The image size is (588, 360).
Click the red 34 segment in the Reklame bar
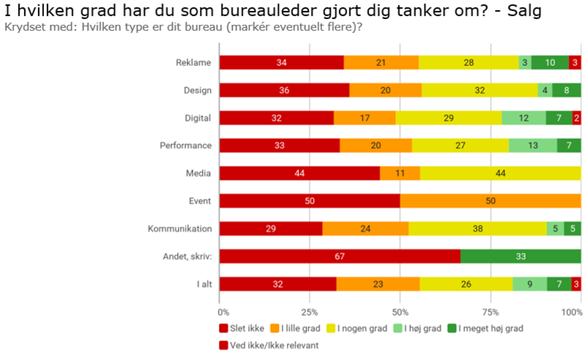coord(282,62)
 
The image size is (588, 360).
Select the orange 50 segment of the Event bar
coord(491,200)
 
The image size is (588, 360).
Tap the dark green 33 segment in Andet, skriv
coord(521,256)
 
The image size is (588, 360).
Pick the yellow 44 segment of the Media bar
coord(501,173)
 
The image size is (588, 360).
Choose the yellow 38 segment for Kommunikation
coord(477,228)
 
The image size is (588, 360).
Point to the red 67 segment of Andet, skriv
coord(340,256)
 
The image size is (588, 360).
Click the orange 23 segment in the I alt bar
coord(378,284)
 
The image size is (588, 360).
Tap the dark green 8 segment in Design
coord(567,90)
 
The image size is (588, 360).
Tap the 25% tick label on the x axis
coord(310,312)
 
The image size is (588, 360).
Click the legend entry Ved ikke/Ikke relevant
coord(269,344)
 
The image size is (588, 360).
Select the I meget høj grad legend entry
coord(489,328)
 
